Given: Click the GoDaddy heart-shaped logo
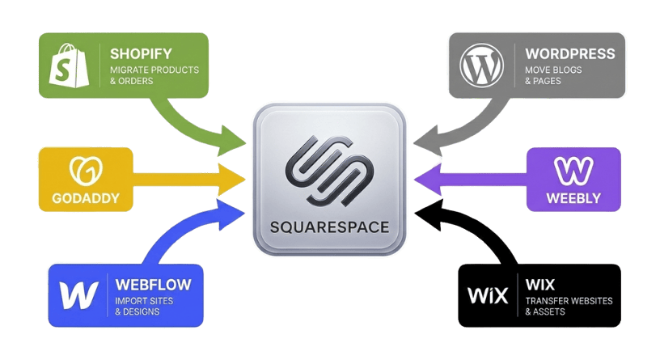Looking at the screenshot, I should coord(85,171).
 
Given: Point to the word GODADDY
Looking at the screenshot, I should coord(85,197).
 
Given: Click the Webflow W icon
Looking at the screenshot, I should coord(78,294).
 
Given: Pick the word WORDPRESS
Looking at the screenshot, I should coord(569,54).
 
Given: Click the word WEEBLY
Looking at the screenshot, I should coord(573,197).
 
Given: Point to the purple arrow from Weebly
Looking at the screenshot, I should coord(469,176).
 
